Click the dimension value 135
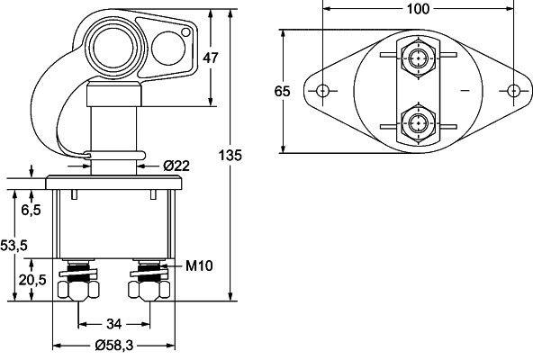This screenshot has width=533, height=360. (x=231, y=156)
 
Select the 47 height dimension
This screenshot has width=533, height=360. (x=212, y=58)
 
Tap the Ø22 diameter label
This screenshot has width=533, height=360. (x=176, y=165)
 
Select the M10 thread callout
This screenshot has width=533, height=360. (x=198, y=266)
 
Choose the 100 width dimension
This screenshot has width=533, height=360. (x=418, y=9)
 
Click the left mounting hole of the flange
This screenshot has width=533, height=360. (x=323, y=91)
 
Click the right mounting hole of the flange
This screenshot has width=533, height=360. (x=512, y=91)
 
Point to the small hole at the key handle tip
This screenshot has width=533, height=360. (x=186, y=33)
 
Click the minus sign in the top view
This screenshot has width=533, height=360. (x=464, y=92)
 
